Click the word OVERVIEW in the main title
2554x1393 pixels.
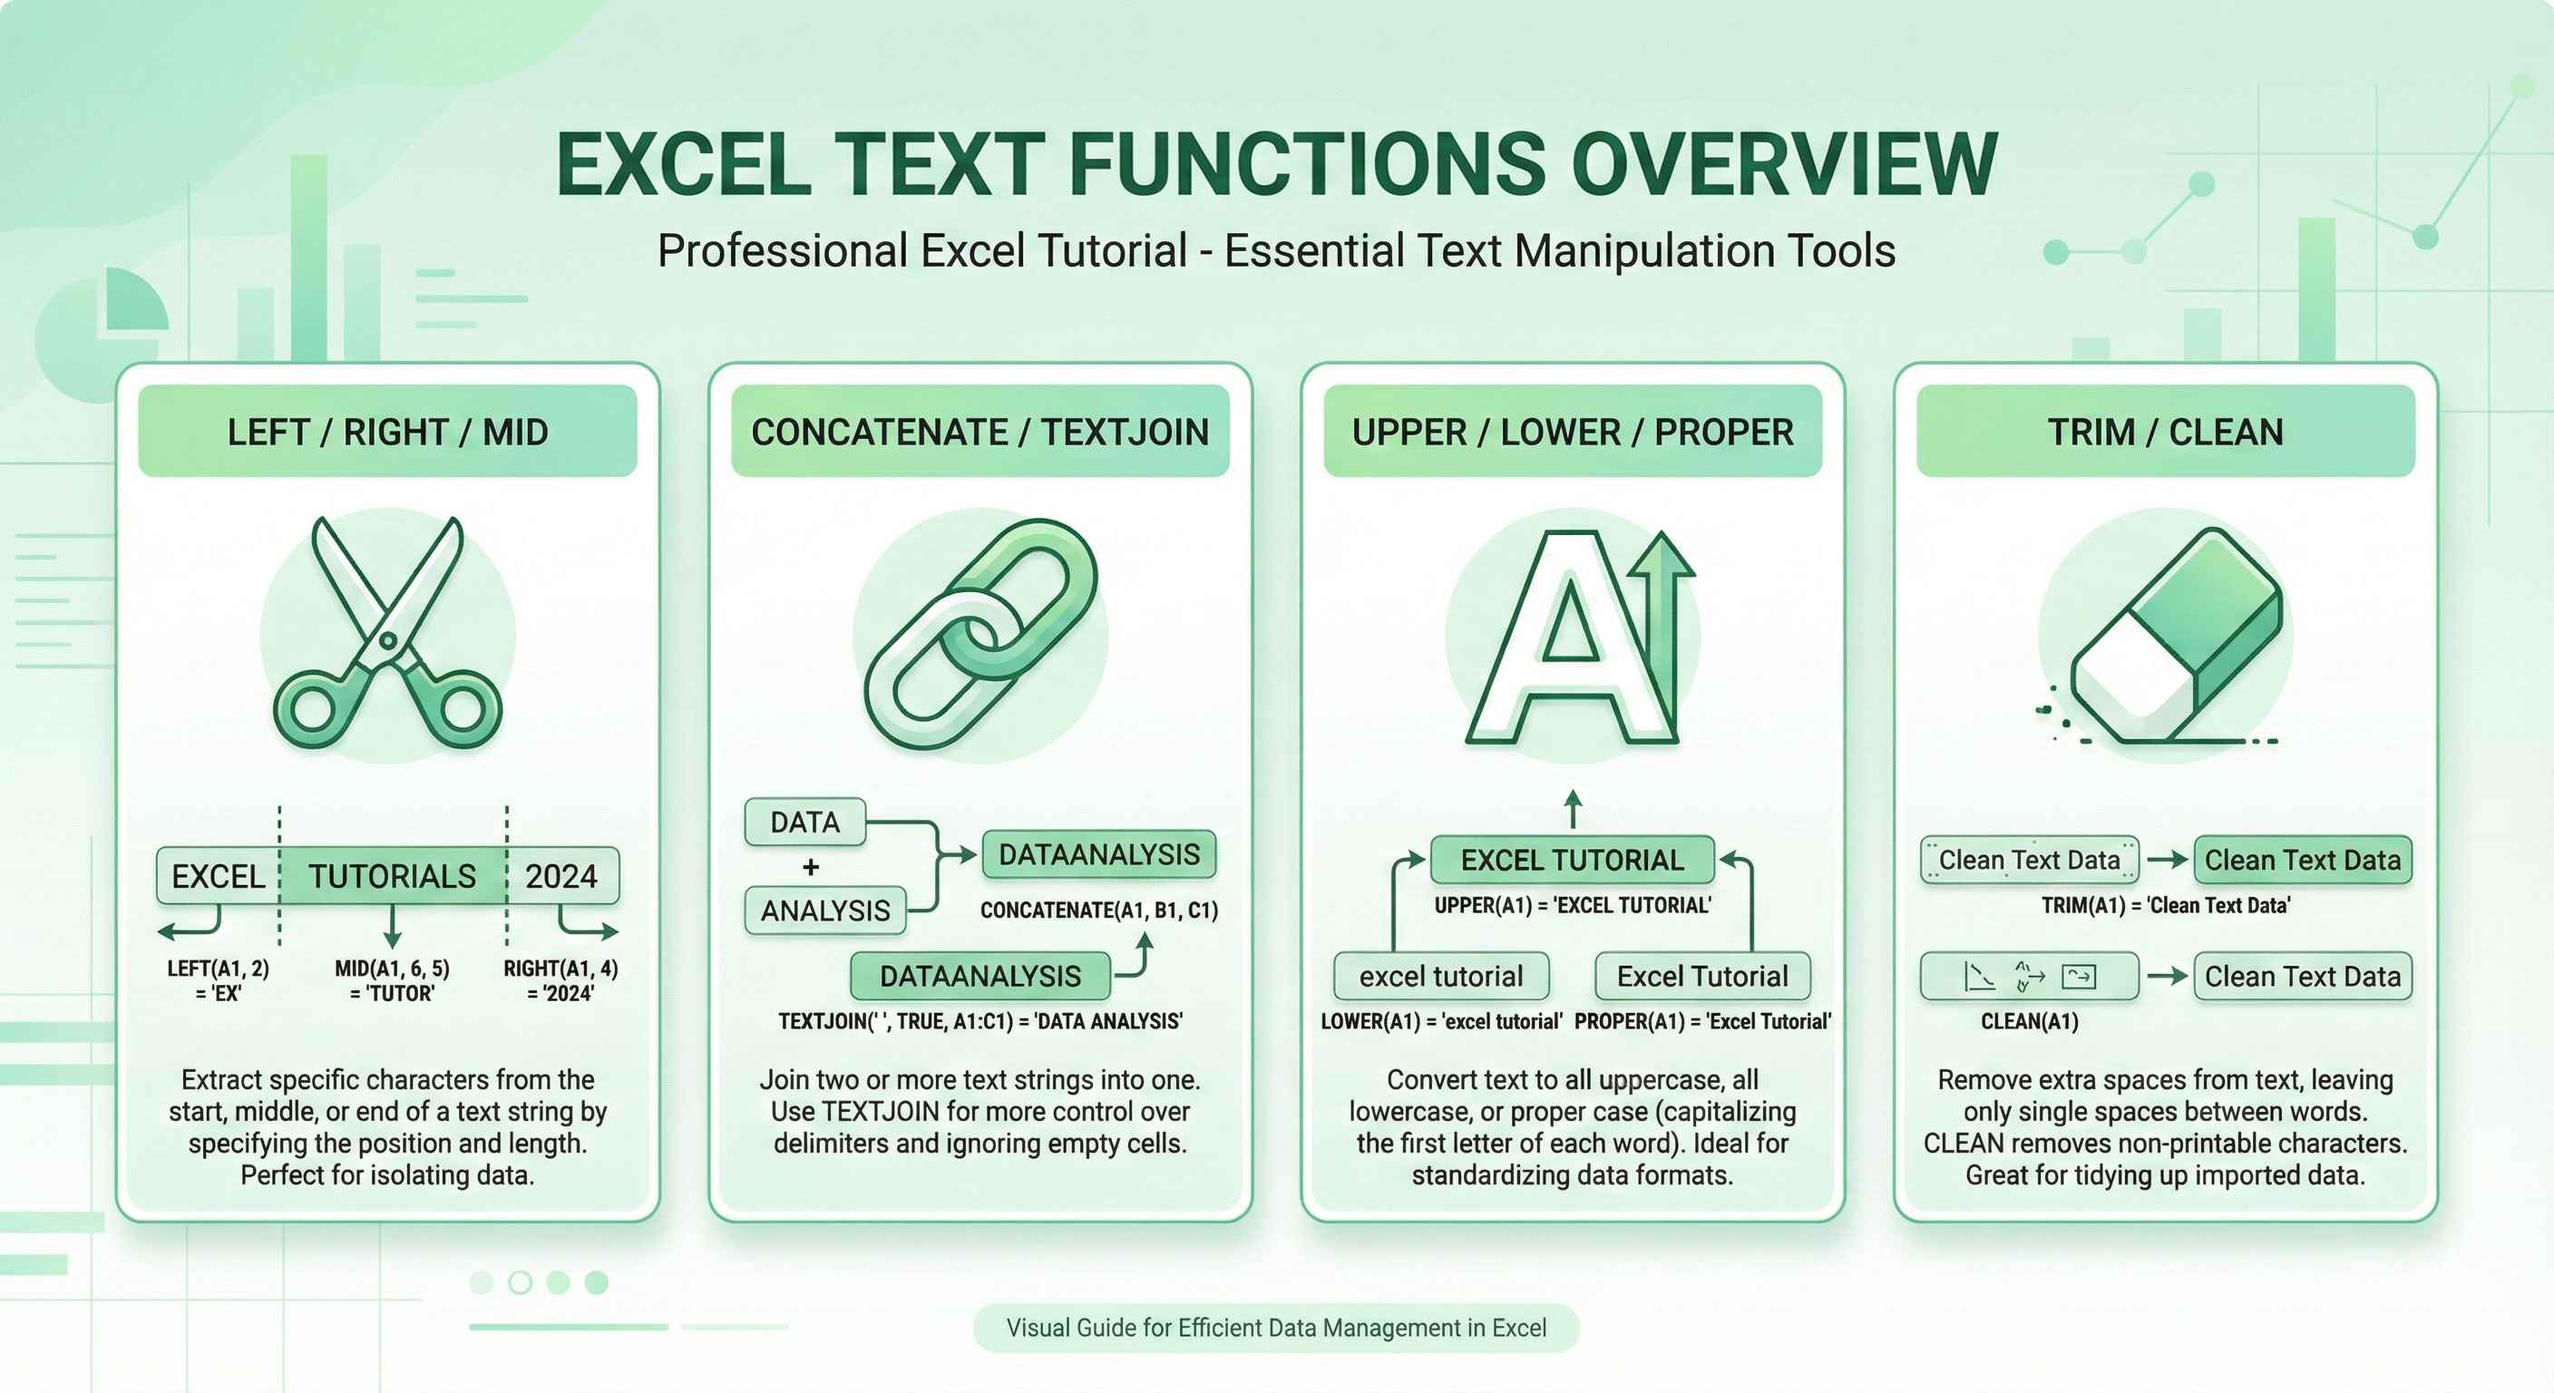(1784, 164)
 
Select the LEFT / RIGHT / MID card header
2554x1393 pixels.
(386, 432)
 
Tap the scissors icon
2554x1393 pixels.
(387, 635)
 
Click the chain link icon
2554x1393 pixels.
(980, 635)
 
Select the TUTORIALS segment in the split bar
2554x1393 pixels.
(392, 876)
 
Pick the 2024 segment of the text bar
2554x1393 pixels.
(561, 876)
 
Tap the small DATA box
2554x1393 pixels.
(804, 822)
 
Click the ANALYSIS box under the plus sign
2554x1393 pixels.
(825, 911)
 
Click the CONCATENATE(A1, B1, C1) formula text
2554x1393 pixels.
(1098, 911)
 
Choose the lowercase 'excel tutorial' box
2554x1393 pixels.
(1440, 977)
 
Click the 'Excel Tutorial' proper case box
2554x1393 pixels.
(1702, 977)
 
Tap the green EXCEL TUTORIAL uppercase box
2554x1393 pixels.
(1572, 860)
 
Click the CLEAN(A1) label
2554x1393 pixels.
(2029, 1021)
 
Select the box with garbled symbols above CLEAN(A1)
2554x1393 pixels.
(2029, 977)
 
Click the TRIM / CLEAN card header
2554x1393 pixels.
(2165, 432)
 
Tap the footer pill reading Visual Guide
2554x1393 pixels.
(1276, 1328)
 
